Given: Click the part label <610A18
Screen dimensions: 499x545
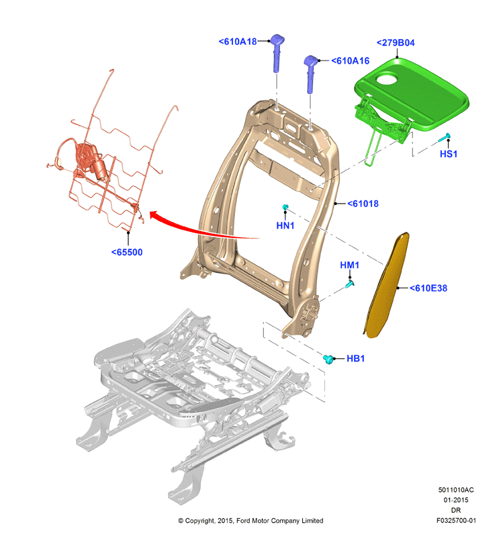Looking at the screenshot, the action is coord(238,42).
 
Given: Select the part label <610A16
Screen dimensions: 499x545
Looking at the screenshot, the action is coord(350,61).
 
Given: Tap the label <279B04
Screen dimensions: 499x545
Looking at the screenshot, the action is coord(396,43).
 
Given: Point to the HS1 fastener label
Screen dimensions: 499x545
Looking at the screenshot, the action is coord(449,154).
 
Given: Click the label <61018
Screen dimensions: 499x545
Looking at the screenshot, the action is coord(363,204).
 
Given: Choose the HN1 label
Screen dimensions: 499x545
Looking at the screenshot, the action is coord(285,226).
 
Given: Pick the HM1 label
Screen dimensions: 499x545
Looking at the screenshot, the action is coord(349,265).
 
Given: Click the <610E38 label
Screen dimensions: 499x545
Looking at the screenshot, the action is coord(428,288).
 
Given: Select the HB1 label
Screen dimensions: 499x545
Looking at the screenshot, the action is coord(355,358).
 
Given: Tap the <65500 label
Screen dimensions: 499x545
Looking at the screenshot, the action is coord(127,253).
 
